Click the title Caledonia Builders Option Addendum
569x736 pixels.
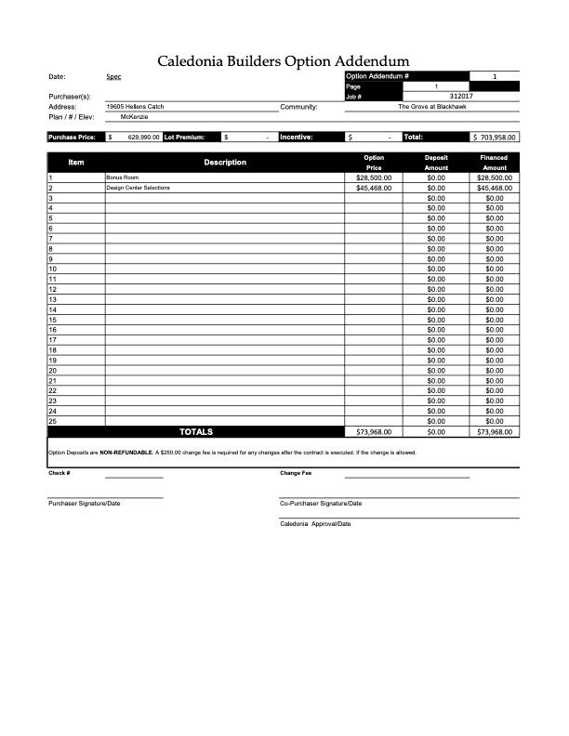[284, 61]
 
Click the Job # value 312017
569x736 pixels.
[461, 96]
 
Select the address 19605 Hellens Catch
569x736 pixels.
[135, 107]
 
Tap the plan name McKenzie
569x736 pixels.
[135, 117]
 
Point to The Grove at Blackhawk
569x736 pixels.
[431, 107]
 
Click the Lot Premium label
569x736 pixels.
[184, 138]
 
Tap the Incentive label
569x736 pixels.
[297, 138]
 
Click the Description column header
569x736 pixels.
[225, 162]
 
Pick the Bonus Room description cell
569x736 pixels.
[122, 177]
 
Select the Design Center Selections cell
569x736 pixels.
[138, 188]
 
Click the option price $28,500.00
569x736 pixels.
[374, 177]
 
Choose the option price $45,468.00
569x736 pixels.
[374, 188]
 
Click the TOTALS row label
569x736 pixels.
[195, 432]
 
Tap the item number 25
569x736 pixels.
[53, 421]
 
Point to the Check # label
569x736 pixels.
[60, 473]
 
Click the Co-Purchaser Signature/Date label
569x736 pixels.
[321, 503]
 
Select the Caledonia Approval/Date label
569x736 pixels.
[315, 524]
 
